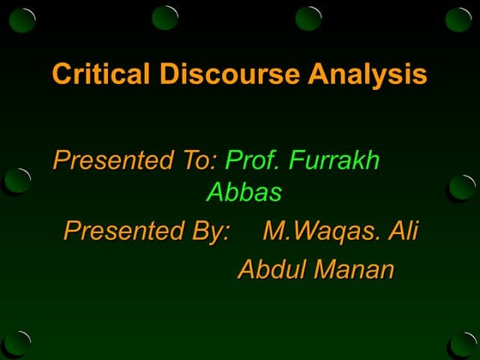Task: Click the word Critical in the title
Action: tap(101, 75)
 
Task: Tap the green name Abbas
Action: tap(243, 193)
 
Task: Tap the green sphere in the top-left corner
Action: tap(21, 17)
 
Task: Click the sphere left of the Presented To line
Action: tap(18, 181)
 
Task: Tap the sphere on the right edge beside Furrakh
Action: tap(463, 186)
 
